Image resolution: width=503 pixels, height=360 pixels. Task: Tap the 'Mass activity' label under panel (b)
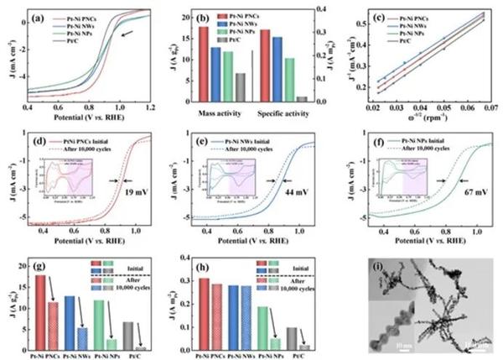tap(220, 112)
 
